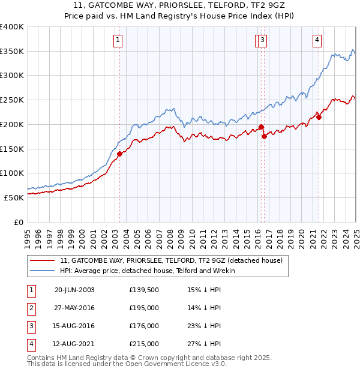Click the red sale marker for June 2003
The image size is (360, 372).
coord(119,154)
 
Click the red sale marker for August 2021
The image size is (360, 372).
coord(319,118)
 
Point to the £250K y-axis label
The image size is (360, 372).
coord(12,100)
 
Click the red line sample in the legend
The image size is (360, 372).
coord(42,260)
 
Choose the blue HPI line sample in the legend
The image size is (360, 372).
coord(42,271)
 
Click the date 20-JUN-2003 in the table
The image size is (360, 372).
coord(74,290)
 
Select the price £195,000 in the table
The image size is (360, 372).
coord(143,308)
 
